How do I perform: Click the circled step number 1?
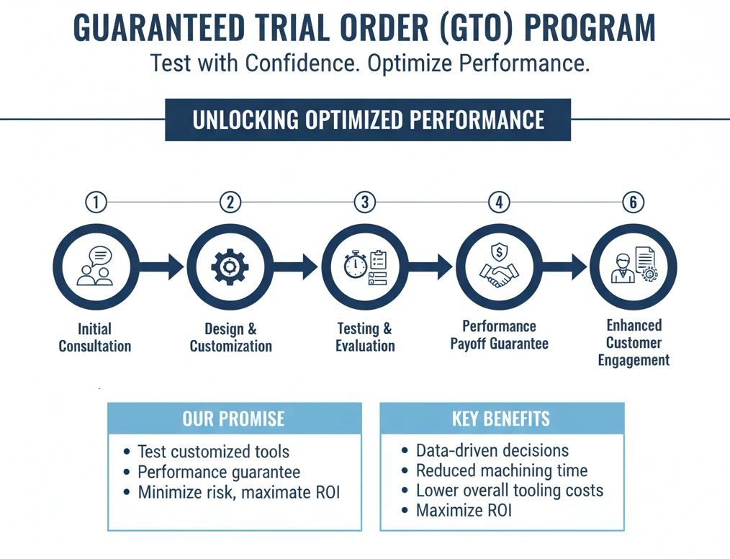click(96, 202)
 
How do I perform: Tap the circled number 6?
click(633, 202)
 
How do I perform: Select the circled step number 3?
click(364, 202)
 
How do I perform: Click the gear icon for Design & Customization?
click(230, 267)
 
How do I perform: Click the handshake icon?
click(499, 275)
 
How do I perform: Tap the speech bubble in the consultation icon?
click(101, 256)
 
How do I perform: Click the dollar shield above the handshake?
click(499, 252)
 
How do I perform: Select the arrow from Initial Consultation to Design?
click(161, 267)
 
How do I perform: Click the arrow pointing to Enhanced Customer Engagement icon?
click(564, 267)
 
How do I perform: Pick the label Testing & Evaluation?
click(365, 337)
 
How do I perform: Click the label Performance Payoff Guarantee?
click(499, 335)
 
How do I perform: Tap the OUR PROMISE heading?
click(234, 419)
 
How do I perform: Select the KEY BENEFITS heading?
click(501, 419)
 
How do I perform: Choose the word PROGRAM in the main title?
click(590, 28)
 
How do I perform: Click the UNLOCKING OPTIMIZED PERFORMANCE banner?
click(368, 120)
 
